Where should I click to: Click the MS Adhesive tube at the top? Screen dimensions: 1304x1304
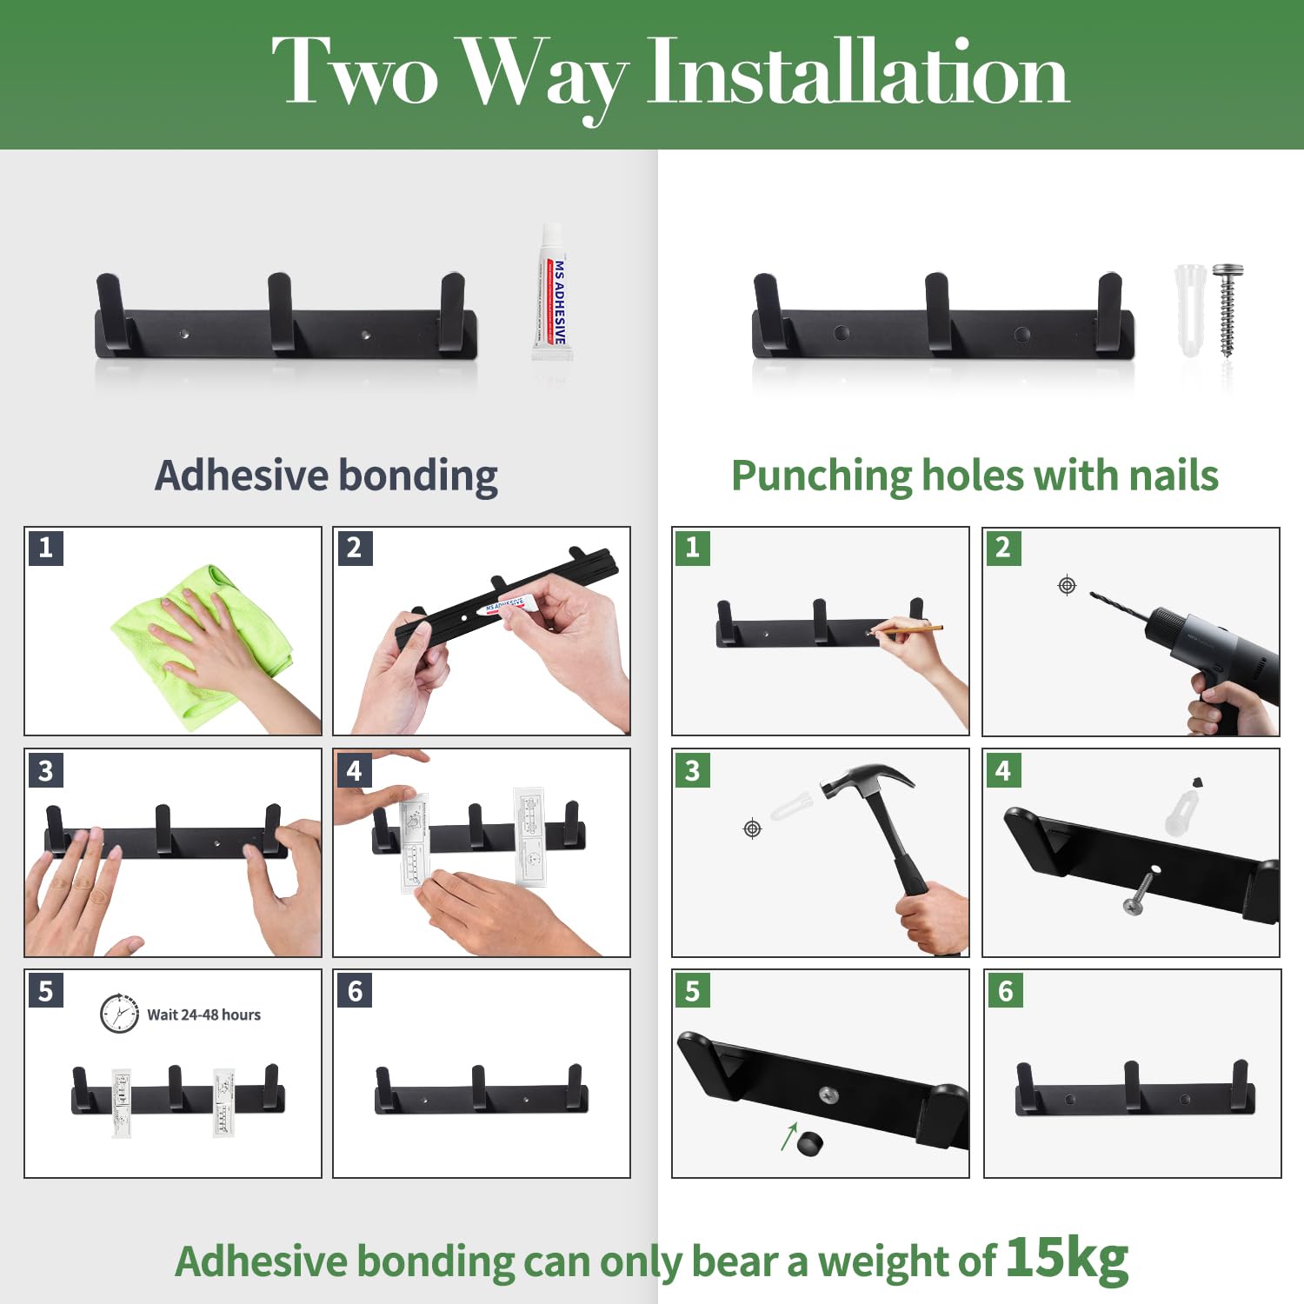point(550,292)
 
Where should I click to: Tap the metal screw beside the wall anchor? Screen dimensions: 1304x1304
point(1227,309)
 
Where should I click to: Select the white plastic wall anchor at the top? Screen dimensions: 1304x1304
point(1190,310)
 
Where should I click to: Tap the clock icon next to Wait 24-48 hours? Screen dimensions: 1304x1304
point(119,1014)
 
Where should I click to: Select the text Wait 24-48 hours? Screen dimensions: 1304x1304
point(203,1015)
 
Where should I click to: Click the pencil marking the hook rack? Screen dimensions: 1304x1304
point(908,627)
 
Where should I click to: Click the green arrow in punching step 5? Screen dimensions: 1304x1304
point(788,1135)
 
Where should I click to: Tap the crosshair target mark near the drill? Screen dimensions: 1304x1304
point(1067,585)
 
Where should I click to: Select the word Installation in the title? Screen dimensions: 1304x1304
point(857,73)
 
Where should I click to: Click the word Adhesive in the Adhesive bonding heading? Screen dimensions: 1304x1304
point(242,476)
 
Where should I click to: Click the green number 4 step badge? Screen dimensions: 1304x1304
point(1003,769)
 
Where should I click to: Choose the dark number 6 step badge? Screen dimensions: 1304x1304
point(355,990)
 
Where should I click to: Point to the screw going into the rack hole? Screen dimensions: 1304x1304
point(1139,892)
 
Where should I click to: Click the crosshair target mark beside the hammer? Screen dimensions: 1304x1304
point(753,828)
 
